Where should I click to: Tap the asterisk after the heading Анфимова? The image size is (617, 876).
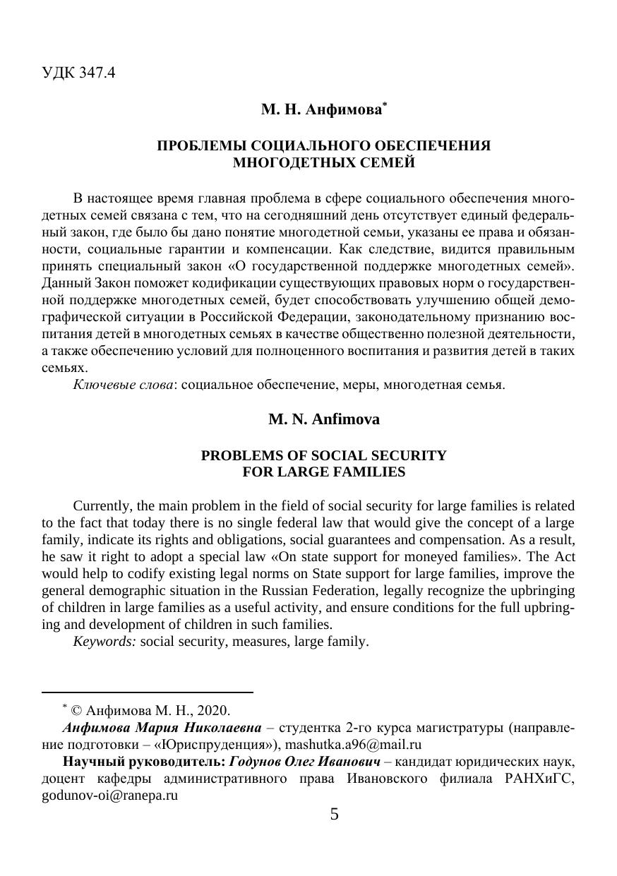tap(385, 105)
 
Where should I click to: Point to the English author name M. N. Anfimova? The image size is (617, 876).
tap(324, 419)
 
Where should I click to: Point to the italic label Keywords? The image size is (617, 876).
tap(104, 642)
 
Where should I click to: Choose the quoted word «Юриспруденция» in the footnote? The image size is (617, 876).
tap(225, 744)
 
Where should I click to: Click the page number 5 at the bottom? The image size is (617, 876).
tap(334, 815)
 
